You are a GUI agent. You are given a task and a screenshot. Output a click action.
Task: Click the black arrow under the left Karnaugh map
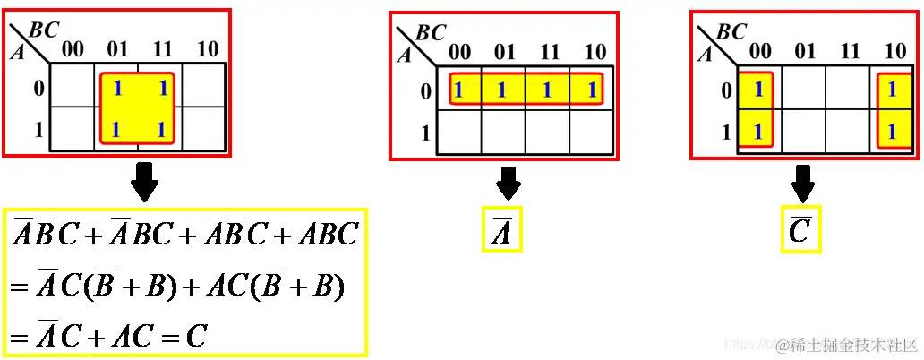coord(143,184)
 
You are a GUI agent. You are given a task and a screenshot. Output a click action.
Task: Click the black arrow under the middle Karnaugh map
coord(509,183)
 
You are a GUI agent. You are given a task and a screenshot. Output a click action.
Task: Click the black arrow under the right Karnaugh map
coord(803,184)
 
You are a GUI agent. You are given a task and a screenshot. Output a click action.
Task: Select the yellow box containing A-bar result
coord(501,230)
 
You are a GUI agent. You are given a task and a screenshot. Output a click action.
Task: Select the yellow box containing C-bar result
coord(800,230)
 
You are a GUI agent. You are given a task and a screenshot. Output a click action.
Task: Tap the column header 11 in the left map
coord(161,48)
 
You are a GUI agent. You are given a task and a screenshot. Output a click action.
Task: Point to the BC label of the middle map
coord(432,33)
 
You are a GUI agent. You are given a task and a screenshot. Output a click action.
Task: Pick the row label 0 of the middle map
coord(425,90)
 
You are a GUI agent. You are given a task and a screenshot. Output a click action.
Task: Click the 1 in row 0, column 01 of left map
coord(117,89)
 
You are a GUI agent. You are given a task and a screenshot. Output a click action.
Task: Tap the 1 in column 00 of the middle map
coord(458,90)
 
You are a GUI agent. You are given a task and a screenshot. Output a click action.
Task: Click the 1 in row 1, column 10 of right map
coord(892,132)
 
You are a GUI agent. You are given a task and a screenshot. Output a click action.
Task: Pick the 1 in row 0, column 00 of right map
coord(757,90)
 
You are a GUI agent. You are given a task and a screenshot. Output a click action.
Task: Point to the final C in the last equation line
coord(196,336)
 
